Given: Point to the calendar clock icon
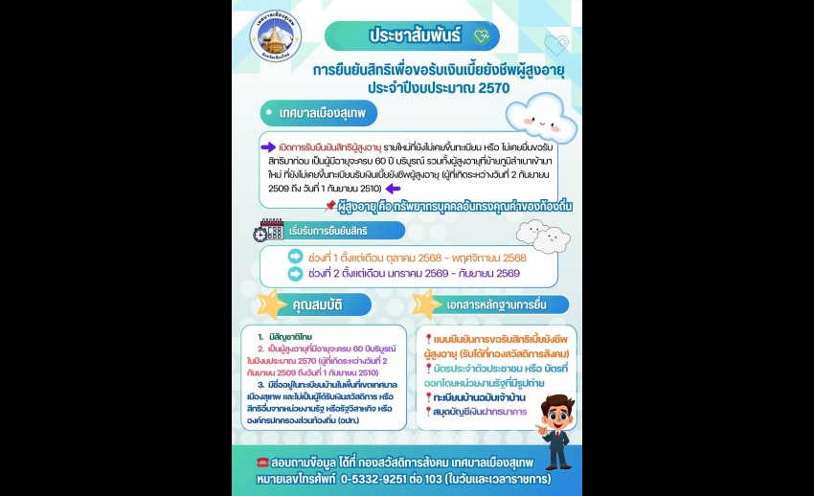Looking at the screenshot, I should pos(268,231).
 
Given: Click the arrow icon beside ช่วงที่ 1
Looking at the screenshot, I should pos(295,257).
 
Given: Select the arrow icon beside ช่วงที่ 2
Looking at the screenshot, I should pos(295,273).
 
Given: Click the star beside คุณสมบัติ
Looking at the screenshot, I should pos(272,304).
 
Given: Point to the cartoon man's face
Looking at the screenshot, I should pos(557,413).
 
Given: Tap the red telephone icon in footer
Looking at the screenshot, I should pos(263,462).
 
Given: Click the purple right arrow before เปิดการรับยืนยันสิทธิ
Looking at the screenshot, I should pos(268,147).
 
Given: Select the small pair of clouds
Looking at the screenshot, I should pos(542,235).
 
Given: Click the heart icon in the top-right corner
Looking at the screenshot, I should pos(555,45).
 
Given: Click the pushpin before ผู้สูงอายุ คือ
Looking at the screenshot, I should pos(330,205).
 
